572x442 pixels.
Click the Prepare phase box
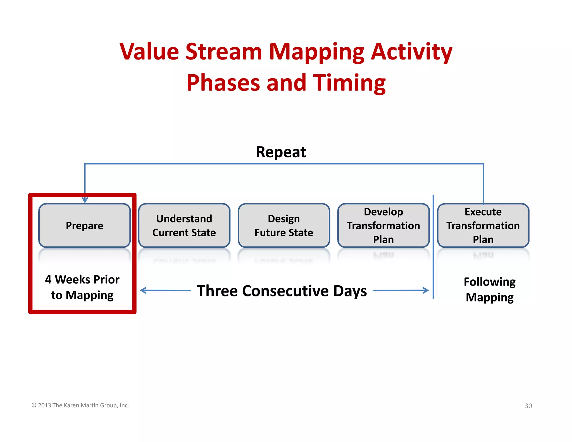click(84, 225)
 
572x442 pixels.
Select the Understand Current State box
click(184, 225)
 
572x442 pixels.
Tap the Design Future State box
click(284, 225)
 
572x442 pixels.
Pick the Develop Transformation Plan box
click(383, 225)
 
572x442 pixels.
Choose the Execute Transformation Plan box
click(483, 225)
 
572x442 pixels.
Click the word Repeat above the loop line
click(281, 152)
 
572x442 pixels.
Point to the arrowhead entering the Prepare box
click(85, 200)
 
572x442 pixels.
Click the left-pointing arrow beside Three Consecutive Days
click(165, 291)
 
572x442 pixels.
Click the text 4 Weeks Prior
click(82, 279)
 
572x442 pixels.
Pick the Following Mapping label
click(489, 289)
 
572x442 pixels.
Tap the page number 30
click(528, 406)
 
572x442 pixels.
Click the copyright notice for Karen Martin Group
click(80, 405)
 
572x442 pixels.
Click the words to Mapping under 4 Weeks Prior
click(82, 295)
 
